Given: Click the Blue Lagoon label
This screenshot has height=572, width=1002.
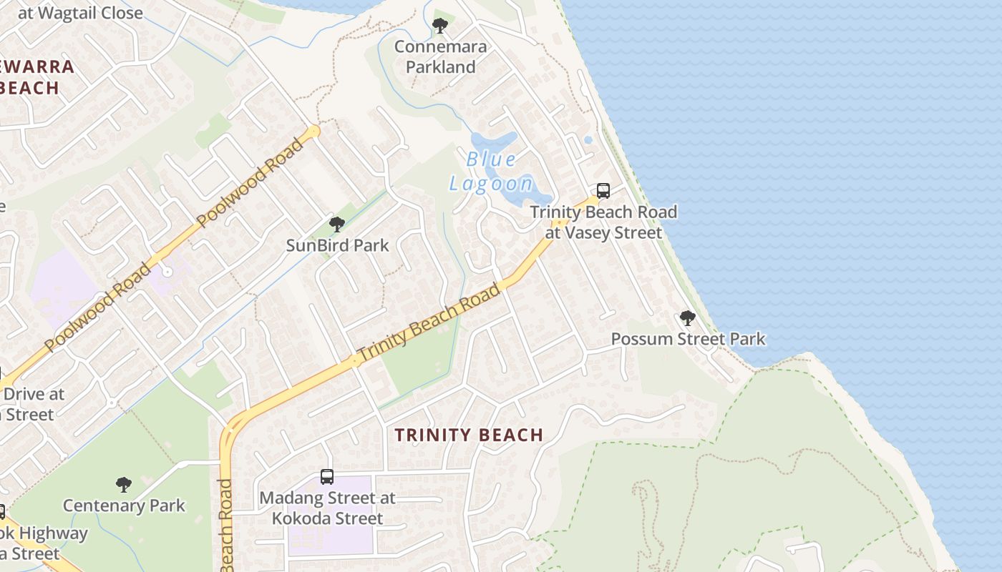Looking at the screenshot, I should click(x=491, y=172).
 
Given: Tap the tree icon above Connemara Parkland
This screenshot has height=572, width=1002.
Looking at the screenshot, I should click(x=439, y=26).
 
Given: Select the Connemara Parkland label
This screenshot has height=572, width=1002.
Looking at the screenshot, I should click(x=440, y=57).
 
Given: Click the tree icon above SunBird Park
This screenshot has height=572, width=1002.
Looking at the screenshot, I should click(x=336, y=225).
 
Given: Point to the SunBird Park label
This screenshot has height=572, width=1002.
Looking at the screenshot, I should click(x=337, y=245).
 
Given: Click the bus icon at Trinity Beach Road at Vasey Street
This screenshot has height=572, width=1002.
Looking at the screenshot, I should click(x=603, y=191).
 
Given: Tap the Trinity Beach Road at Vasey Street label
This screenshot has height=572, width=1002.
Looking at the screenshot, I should click(x=603, y=222).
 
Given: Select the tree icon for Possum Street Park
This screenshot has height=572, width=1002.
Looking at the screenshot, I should click(x=687, y=318).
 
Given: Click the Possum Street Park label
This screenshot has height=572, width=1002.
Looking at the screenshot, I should click(x=688, y=339).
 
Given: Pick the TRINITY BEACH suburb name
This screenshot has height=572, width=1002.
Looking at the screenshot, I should click(x=469, y=435).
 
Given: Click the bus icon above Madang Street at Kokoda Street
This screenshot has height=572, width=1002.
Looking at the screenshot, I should click(x=326, y=477).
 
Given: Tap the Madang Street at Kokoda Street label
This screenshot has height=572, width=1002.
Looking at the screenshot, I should click(x=327, y=508).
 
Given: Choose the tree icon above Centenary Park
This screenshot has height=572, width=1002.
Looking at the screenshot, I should click(x=124, y=485).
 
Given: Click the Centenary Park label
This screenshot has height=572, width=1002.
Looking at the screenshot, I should click(x=124, y=506).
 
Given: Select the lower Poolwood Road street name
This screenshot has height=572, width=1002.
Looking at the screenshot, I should click(x=98, y=307).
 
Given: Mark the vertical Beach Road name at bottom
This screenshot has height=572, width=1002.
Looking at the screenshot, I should click(x=226, y=526).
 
